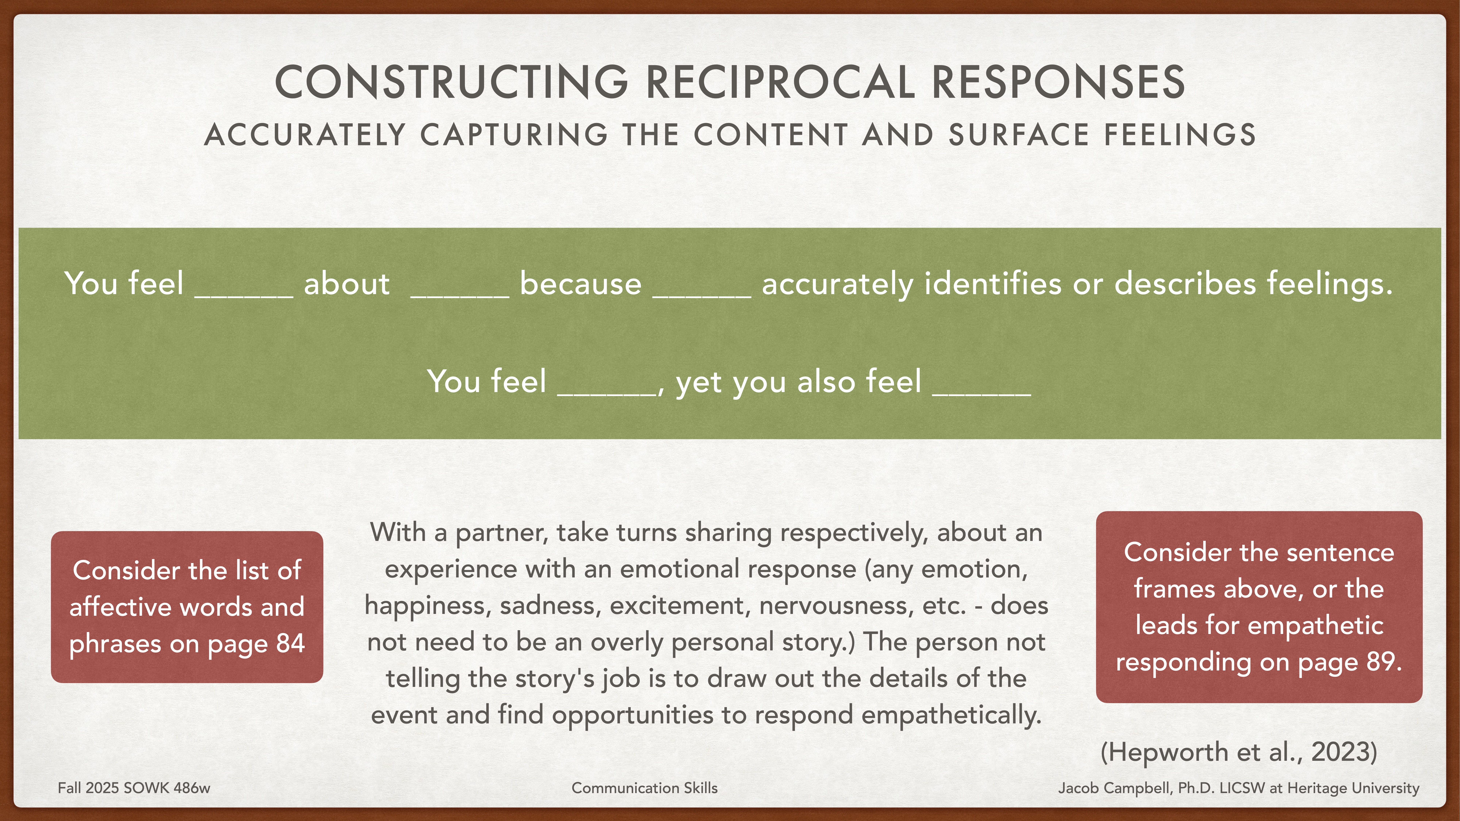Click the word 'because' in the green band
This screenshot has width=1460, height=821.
point(580,283)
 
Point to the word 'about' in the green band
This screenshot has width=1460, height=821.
point(346,283)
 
